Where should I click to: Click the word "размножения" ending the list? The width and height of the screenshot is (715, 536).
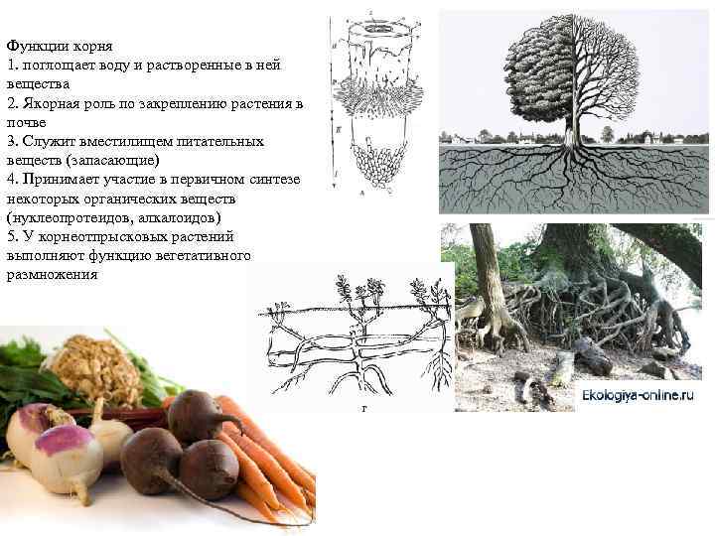(52, 273)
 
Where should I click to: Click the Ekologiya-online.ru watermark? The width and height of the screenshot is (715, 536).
(638, 394)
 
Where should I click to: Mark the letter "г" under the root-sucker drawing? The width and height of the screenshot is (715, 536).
(351, 408)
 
